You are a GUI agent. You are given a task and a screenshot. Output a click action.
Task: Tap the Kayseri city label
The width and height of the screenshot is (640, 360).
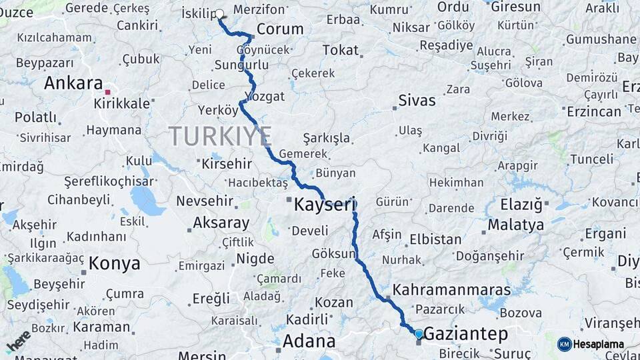[x=325, y=206]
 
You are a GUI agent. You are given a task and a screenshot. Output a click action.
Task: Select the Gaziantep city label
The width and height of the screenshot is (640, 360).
[x=465, y=333]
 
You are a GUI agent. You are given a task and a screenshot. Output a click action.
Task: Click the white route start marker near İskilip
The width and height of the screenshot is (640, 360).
[x=220, y=13]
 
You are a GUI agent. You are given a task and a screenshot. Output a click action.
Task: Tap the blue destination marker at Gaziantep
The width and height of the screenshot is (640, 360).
[x=419, y=333]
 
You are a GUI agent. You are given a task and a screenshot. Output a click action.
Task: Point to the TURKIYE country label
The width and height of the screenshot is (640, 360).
[x=220, y=136]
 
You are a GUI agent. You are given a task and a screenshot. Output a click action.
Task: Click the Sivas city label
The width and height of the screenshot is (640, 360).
[x=417, y=101]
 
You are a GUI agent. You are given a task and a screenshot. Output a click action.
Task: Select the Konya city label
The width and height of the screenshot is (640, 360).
[x=114, y=263]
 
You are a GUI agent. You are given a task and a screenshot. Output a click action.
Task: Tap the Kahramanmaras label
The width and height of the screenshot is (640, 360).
[x=451, y=290]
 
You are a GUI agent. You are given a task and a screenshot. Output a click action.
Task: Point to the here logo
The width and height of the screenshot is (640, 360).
[x=18, y=341]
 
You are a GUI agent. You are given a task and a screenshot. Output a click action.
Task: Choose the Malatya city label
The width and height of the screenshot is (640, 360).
[x=515, y=225]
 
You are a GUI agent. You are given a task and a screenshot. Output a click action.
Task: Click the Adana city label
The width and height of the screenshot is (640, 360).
[x=309, y=341]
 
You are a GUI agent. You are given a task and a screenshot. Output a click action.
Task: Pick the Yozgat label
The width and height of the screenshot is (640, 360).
[x=265, y=97]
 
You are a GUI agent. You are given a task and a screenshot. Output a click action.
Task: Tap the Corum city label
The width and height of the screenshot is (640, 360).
[x=280, y=29]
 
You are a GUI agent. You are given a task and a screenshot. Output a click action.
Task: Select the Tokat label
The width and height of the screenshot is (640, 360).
[x=340, y=50]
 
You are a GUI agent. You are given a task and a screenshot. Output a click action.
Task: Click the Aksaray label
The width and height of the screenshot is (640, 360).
[x=221, y=223]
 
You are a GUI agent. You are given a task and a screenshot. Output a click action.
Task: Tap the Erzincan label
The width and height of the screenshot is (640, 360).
[x=593, y=111]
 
